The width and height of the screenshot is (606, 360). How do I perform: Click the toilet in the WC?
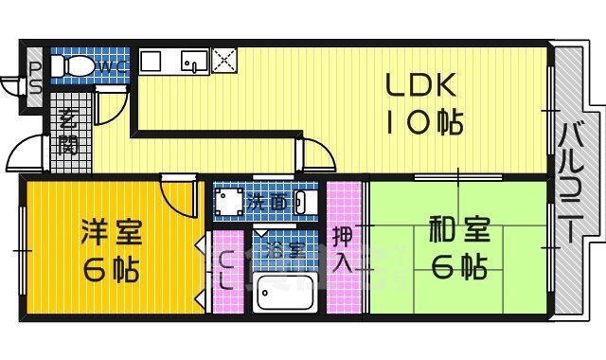[71, 66]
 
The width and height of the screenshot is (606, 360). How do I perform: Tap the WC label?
[112, 65]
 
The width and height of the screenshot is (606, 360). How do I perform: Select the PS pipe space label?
[34, 77]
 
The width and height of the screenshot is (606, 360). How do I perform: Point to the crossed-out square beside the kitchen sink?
[224, 61]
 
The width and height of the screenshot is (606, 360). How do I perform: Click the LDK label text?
[421, 87]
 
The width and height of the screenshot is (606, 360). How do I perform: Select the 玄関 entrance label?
[68, 132]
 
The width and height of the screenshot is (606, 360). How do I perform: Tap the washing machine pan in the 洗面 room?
[228, 202]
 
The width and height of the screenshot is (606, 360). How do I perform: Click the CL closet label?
[227, 271]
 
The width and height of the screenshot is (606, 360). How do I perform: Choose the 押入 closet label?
[344, 248]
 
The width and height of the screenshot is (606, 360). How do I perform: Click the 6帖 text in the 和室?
[458, 269]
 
